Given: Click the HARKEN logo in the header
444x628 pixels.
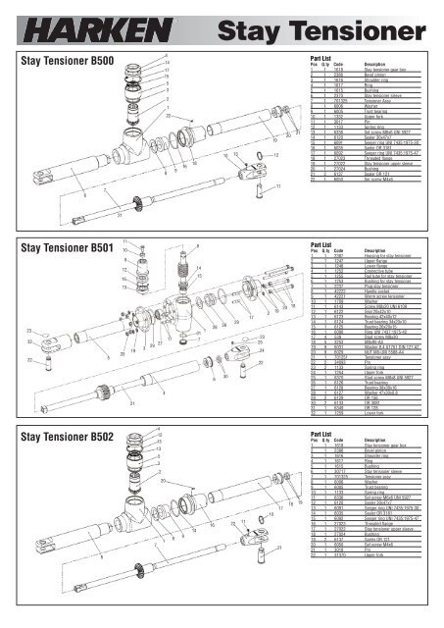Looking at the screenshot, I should coord(68,22).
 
